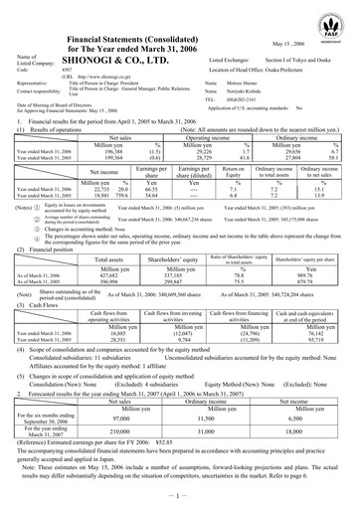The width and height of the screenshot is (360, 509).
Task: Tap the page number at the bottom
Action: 180,497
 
